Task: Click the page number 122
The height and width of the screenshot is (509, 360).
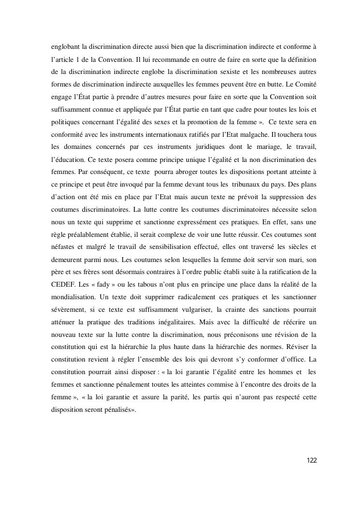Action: (311, 460)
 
